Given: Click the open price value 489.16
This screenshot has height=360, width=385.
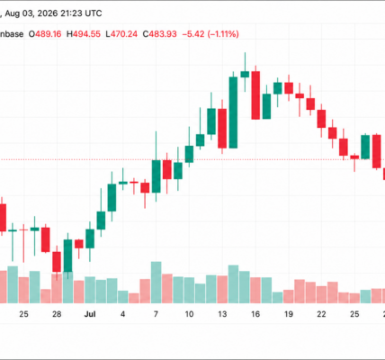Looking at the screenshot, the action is click(x=49, y=34).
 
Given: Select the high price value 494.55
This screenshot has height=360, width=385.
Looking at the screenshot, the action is click(x=87, y=34).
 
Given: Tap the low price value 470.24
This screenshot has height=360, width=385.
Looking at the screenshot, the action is click(x=124, y=34).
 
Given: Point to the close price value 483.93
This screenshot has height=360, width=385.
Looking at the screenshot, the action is click(x=163, y=34).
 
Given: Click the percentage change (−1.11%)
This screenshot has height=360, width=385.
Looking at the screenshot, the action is click(x=222, y=34).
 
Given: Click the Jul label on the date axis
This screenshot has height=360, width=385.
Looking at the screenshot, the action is click(x=90, y=314).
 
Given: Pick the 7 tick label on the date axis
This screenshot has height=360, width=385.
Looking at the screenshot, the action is click(x=156, y=314).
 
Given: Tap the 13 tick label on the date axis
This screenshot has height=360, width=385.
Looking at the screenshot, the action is click(x=222, y=314).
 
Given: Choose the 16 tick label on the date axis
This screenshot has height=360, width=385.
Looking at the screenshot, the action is click(x=255, y=314).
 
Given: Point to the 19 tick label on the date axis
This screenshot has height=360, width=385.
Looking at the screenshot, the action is click(x=289, y=314).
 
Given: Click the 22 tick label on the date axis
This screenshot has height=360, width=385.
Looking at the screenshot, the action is click(x=321, y=314).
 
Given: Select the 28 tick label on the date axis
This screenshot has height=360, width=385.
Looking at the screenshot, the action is click(x=57, y=314).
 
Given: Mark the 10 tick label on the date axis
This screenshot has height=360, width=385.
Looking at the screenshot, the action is click(x=189, y=314).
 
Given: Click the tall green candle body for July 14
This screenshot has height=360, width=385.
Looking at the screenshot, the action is click(x=233, y=112).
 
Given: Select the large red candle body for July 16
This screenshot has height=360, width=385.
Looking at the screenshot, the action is click(x=255, y=95).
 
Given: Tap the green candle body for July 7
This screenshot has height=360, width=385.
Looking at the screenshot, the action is click(x=156, y=176).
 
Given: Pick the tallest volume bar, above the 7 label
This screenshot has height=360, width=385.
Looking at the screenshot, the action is click(x=156, y=283).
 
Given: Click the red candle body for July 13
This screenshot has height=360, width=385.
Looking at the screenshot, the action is click(x=222, y=129).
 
